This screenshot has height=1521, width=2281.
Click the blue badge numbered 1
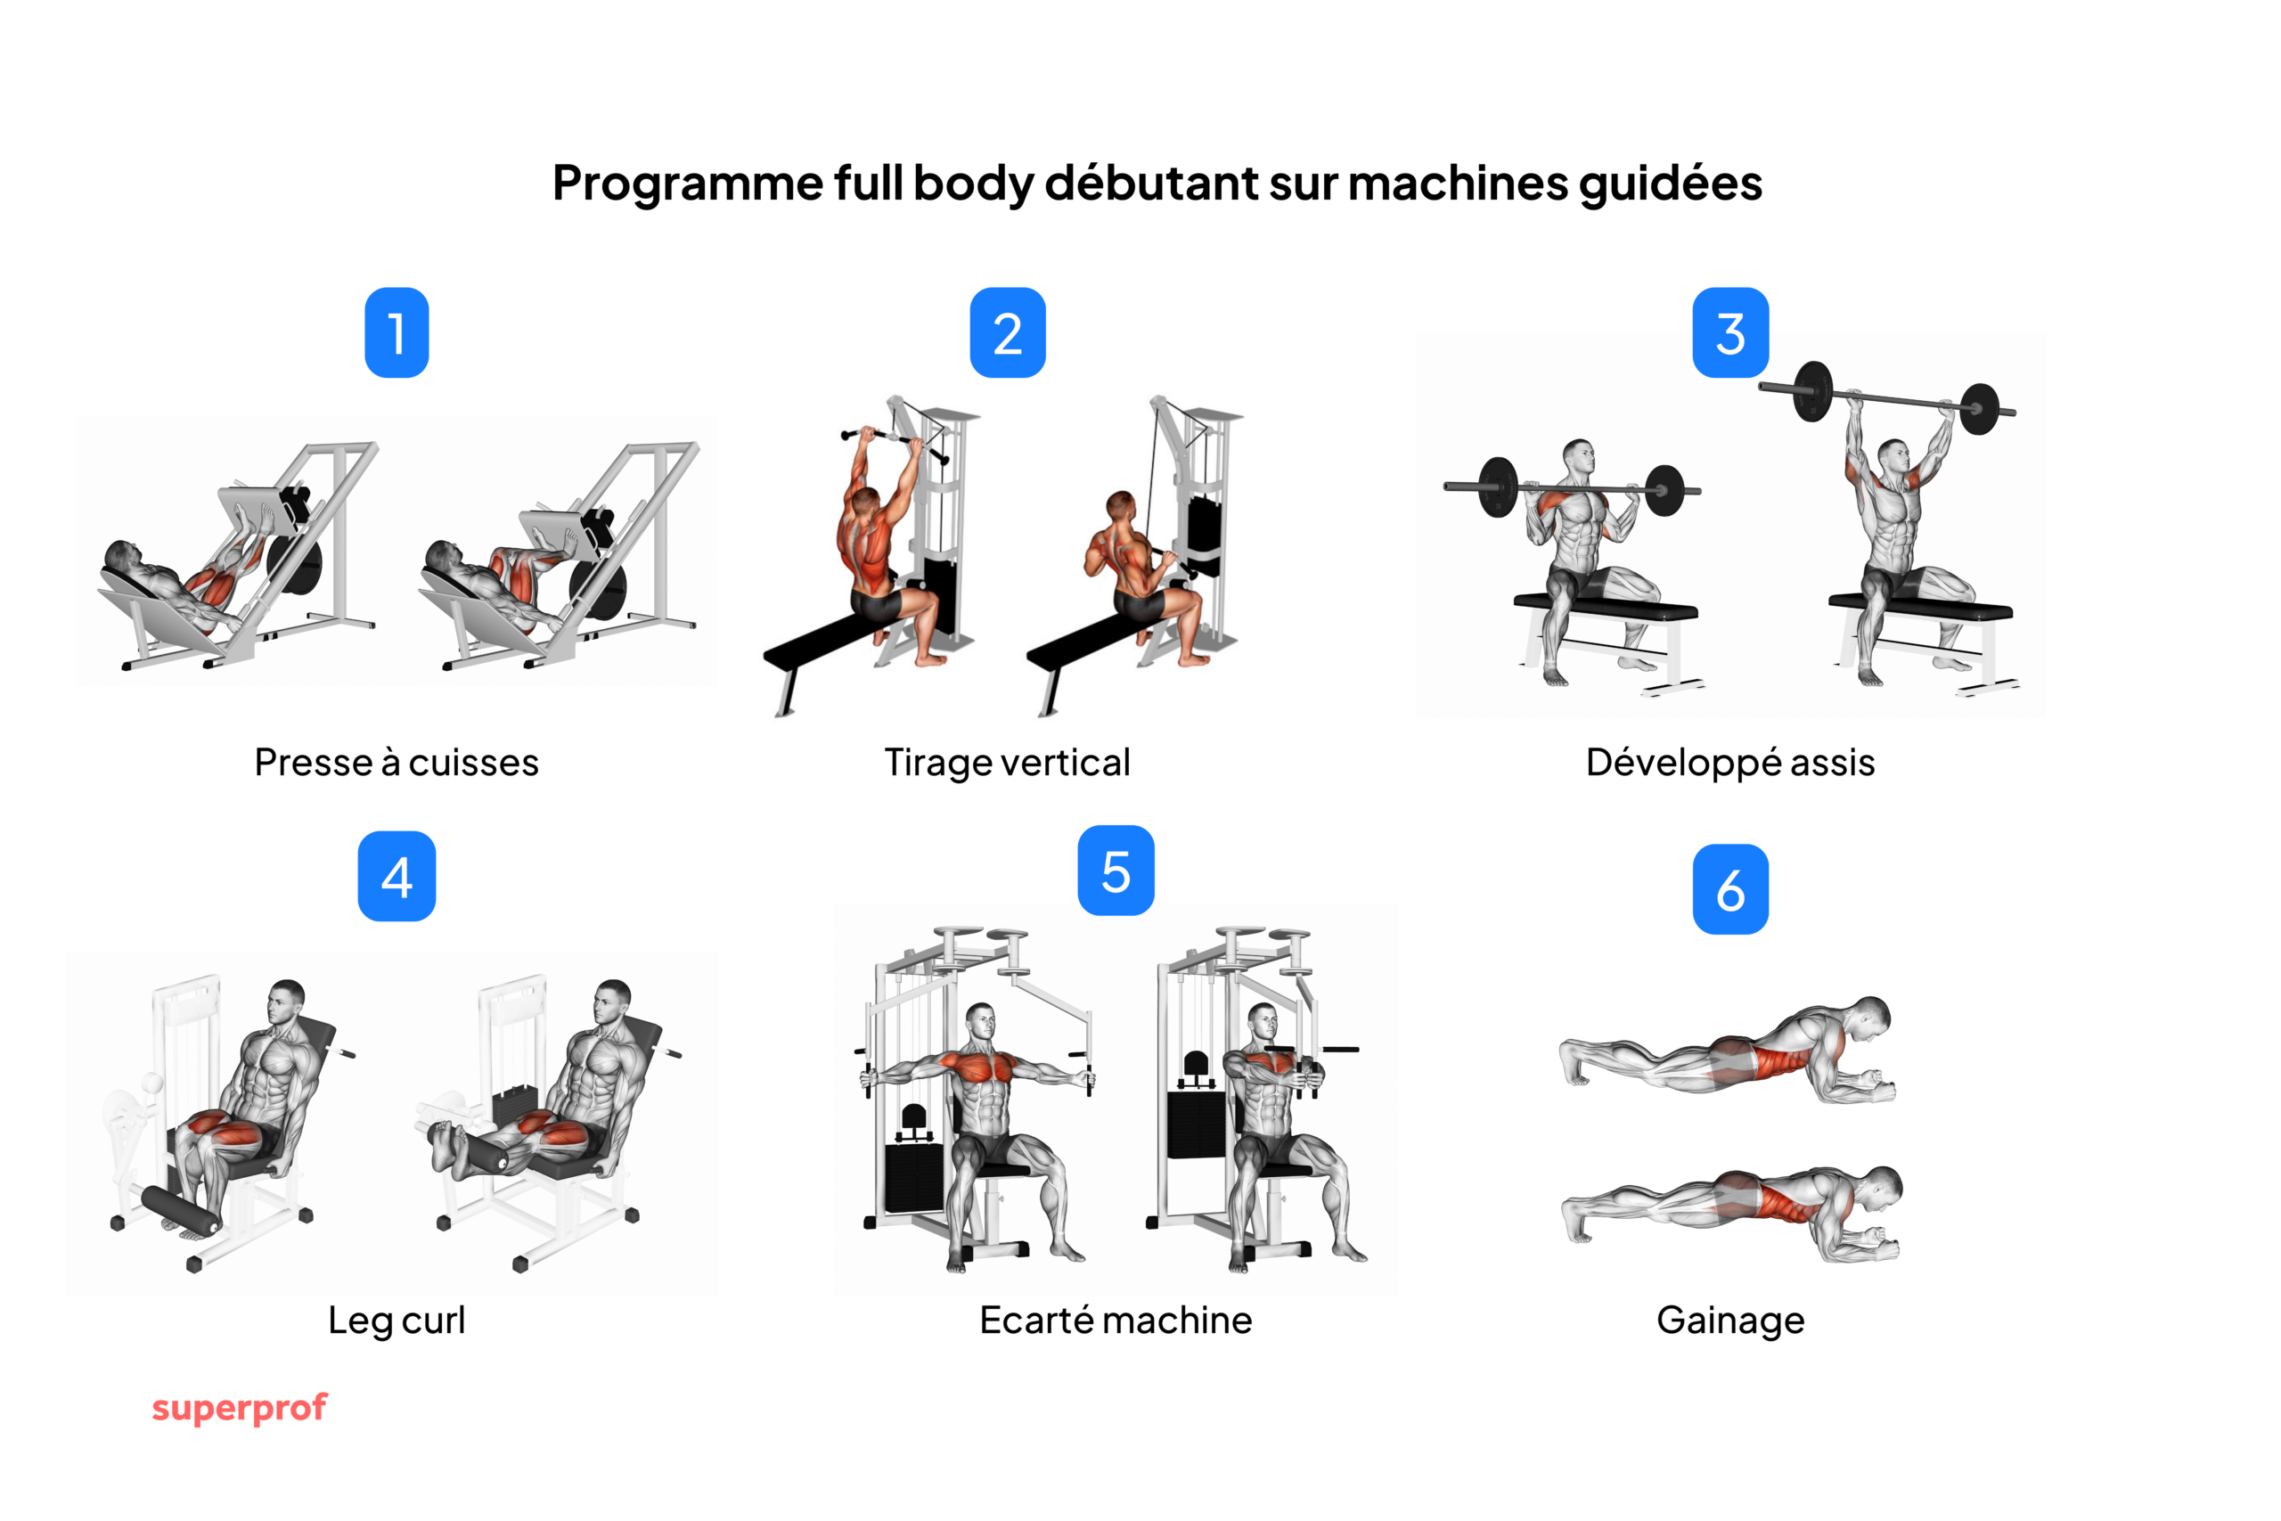(397, 332)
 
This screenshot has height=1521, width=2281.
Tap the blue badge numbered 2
(1008, 332)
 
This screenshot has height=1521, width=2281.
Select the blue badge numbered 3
(1730, 332)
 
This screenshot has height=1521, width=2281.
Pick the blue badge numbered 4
(397, 876)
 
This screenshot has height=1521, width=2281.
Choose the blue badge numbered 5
(1116, 871)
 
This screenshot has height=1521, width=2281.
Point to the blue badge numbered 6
(1730, 889)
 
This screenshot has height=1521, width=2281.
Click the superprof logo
(240, 1408)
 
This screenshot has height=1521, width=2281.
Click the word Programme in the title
(688, 184)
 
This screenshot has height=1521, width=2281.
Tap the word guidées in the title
(1670, 184)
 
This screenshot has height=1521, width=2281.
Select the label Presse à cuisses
(397, 763)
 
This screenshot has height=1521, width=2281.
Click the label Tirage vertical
(1007, 763)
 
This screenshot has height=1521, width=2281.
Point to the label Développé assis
(1730, 763)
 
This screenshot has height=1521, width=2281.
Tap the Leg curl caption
(397, 1321)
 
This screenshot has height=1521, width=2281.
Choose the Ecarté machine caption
(1116, 1321)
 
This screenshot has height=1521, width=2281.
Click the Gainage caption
(1730, 1321)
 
